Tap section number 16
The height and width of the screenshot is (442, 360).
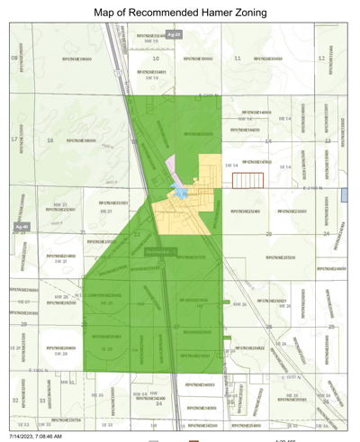pos(50,140)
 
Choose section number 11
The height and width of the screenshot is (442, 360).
pos(237,59)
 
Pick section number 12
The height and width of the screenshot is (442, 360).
pos(321,59)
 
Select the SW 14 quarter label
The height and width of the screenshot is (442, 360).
pos(231,166)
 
